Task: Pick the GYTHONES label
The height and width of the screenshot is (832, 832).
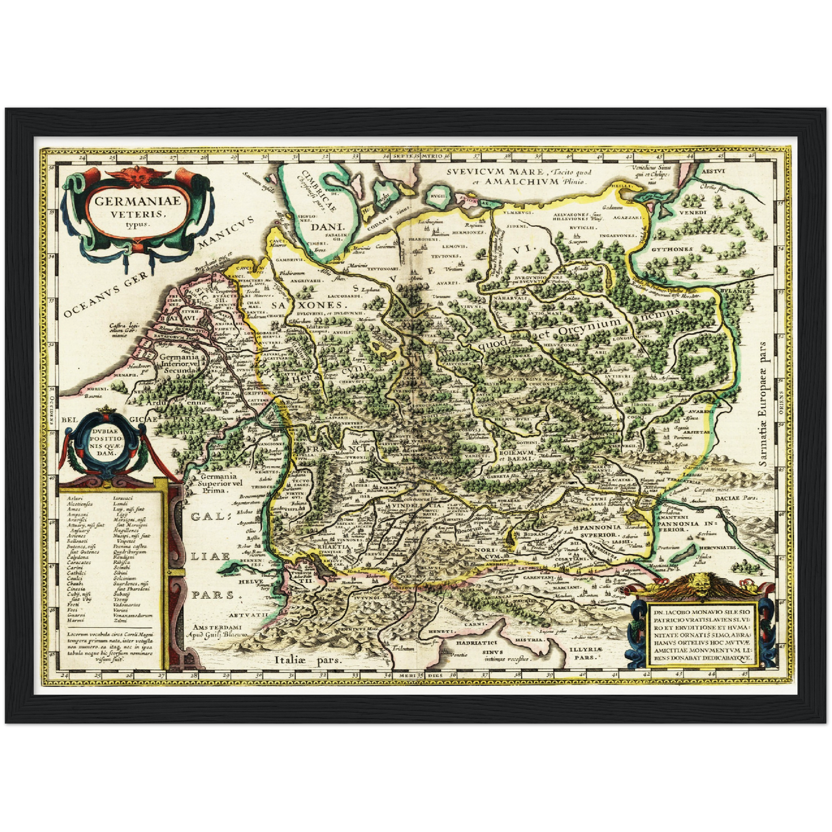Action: (672, 250)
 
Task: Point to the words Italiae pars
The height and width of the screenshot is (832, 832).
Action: (308, 661)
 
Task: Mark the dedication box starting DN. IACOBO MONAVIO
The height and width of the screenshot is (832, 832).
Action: (701, 630)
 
